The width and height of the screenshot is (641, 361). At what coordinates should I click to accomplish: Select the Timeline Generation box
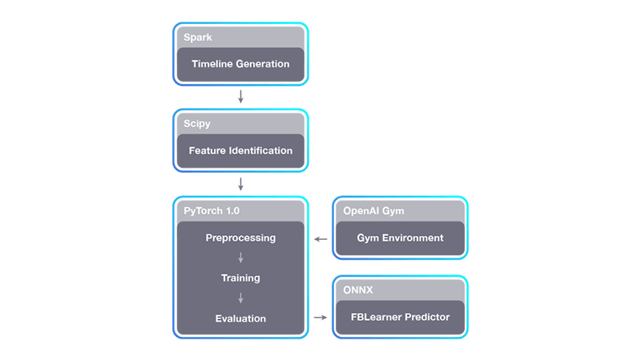point(240,64)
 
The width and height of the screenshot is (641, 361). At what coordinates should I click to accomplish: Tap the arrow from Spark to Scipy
point(240,96)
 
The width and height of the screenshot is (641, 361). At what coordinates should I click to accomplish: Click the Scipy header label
point(196,124)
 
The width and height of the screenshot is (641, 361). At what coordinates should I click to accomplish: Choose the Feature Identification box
point(240,151)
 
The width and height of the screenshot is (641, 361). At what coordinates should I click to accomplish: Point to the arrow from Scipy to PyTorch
point(240,183)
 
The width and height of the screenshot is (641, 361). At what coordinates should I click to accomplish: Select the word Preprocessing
point(240,237)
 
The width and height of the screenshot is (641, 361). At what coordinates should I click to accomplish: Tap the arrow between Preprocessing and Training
point(240,258)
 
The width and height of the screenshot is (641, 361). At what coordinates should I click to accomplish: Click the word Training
point(240,278)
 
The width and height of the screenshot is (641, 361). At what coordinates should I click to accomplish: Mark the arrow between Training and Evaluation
point(240,298)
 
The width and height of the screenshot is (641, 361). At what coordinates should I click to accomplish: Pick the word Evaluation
point(240,318)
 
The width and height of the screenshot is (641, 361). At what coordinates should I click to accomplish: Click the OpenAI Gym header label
point(373,211)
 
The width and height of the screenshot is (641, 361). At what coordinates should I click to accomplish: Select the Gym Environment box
point(400,237)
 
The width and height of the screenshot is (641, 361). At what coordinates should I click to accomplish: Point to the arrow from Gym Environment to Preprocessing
point(320,238)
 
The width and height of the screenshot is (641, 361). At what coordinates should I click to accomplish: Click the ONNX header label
point(358,290)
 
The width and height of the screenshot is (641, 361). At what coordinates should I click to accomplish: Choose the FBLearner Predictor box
point(400,317)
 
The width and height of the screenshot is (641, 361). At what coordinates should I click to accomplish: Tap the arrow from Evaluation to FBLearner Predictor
point(320,318)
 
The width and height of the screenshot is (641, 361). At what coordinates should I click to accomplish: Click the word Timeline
point(213,64)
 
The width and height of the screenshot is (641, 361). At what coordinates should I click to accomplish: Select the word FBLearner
point(378,317)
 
